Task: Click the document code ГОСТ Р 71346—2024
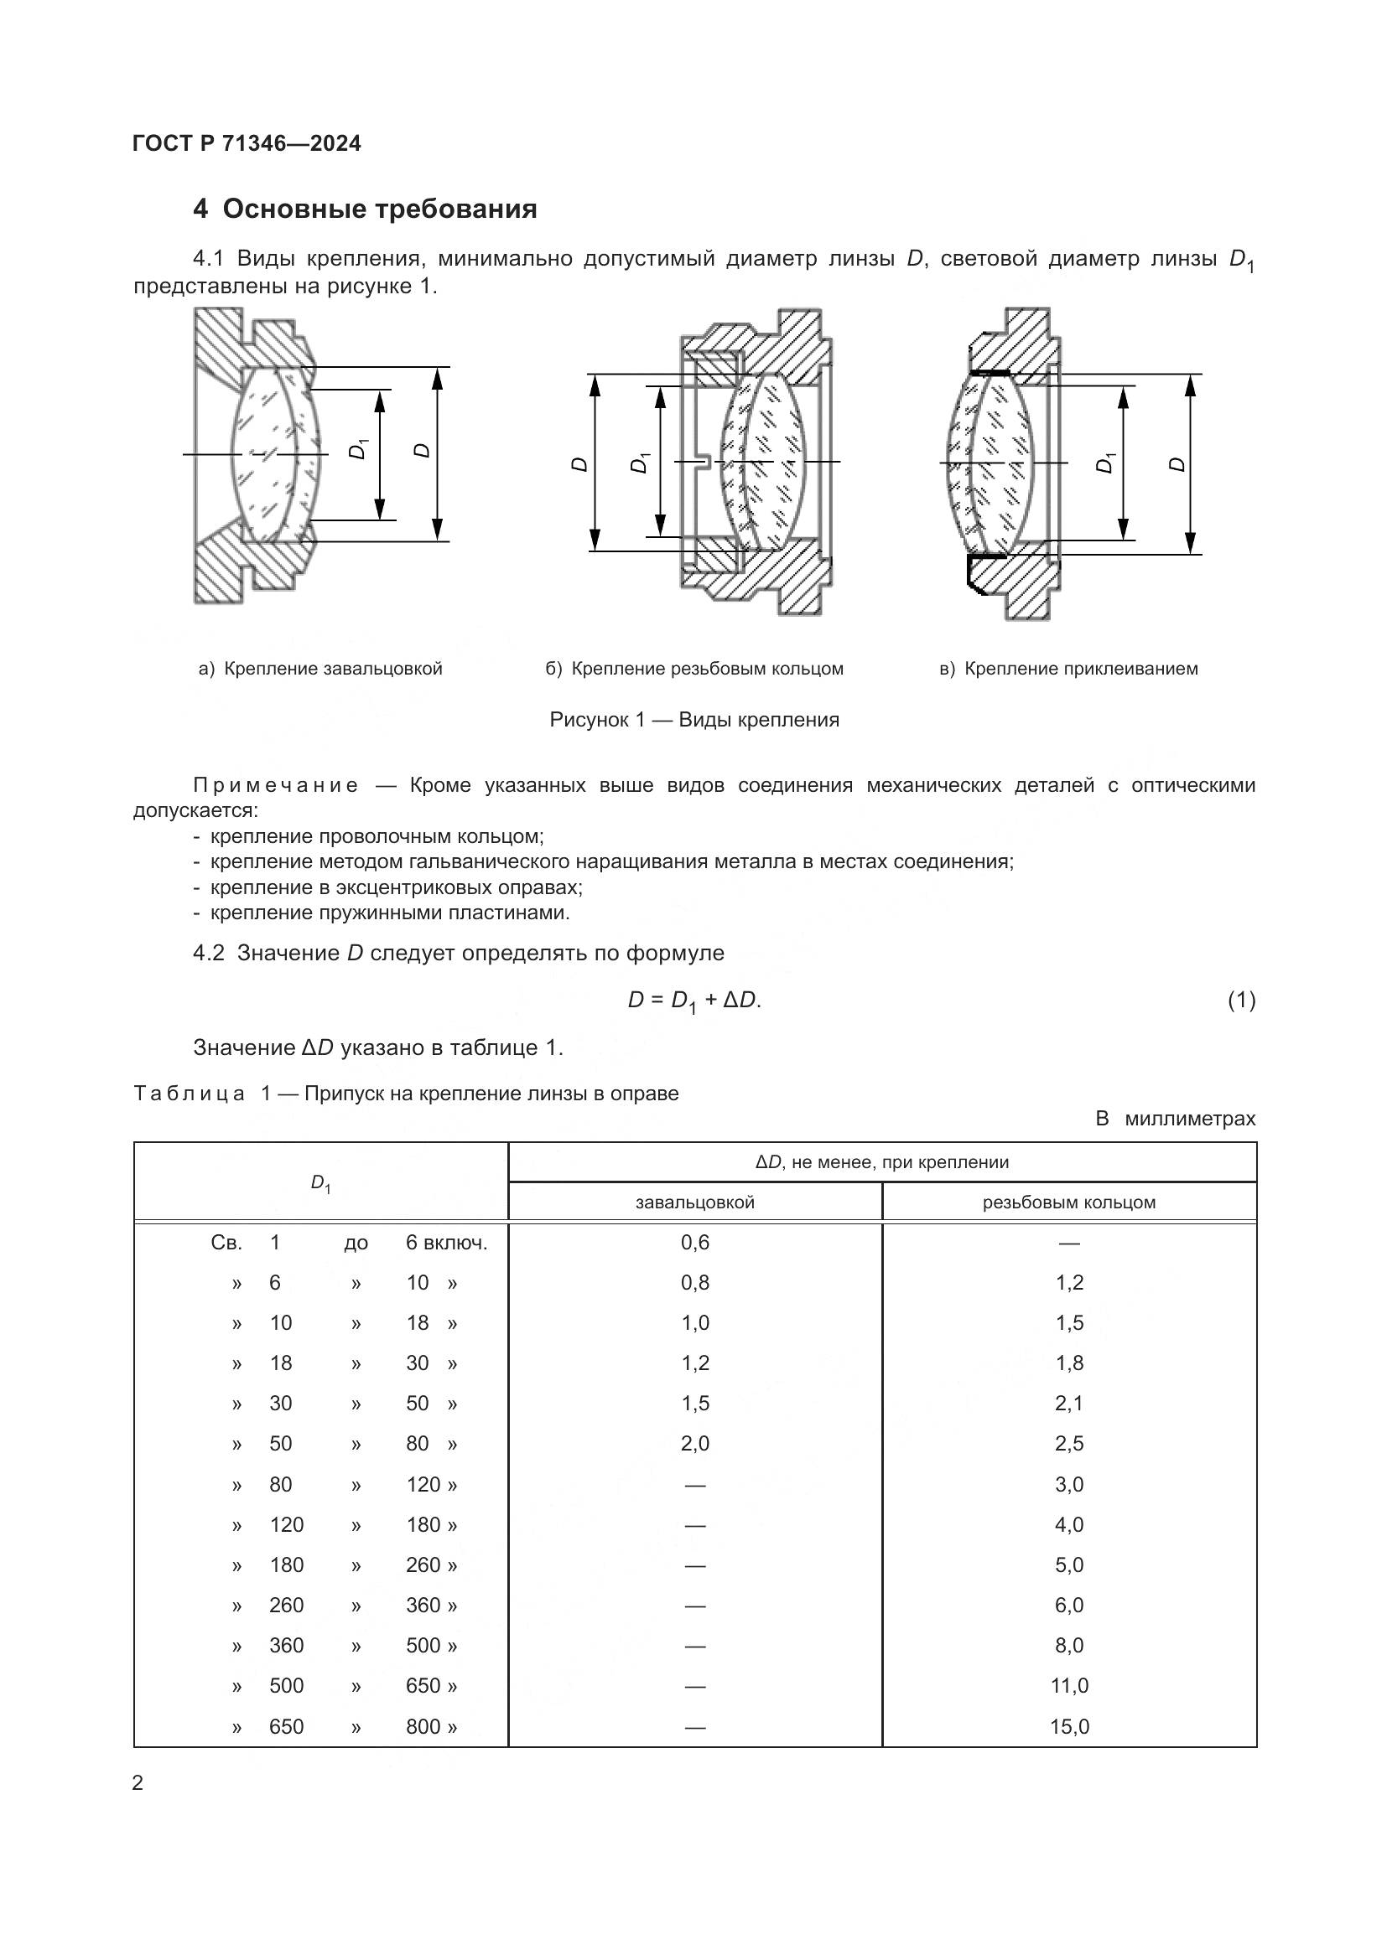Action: [247, 143]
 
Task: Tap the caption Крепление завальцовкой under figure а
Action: [332, 669]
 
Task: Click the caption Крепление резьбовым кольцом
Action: [706, 669]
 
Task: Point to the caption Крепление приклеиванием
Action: [1080, 669]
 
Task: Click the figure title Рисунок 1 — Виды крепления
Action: [693, 720]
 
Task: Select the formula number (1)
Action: [1241, 1000]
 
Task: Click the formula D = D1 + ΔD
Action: [693, 1001]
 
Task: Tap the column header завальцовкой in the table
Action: [694, 1202]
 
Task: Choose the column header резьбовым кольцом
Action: [1068, 1202]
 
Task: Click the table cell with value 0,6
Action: [694, 1242]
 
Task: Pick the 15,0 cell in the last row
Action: [1068, 1726]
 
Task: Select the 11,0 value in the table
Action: [1068, 1685]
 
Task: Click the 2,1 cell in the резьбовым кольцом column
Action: [1068, 1404]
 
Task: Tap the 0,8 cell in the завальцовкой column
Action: [694, 1282]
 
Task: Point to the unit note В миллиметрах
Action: [1175, 1119]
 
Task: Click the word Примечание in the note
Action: [275, 785]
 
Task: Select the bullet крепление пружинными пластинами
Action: [389, 913]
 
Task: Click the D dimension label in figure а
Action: [421, 450]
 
